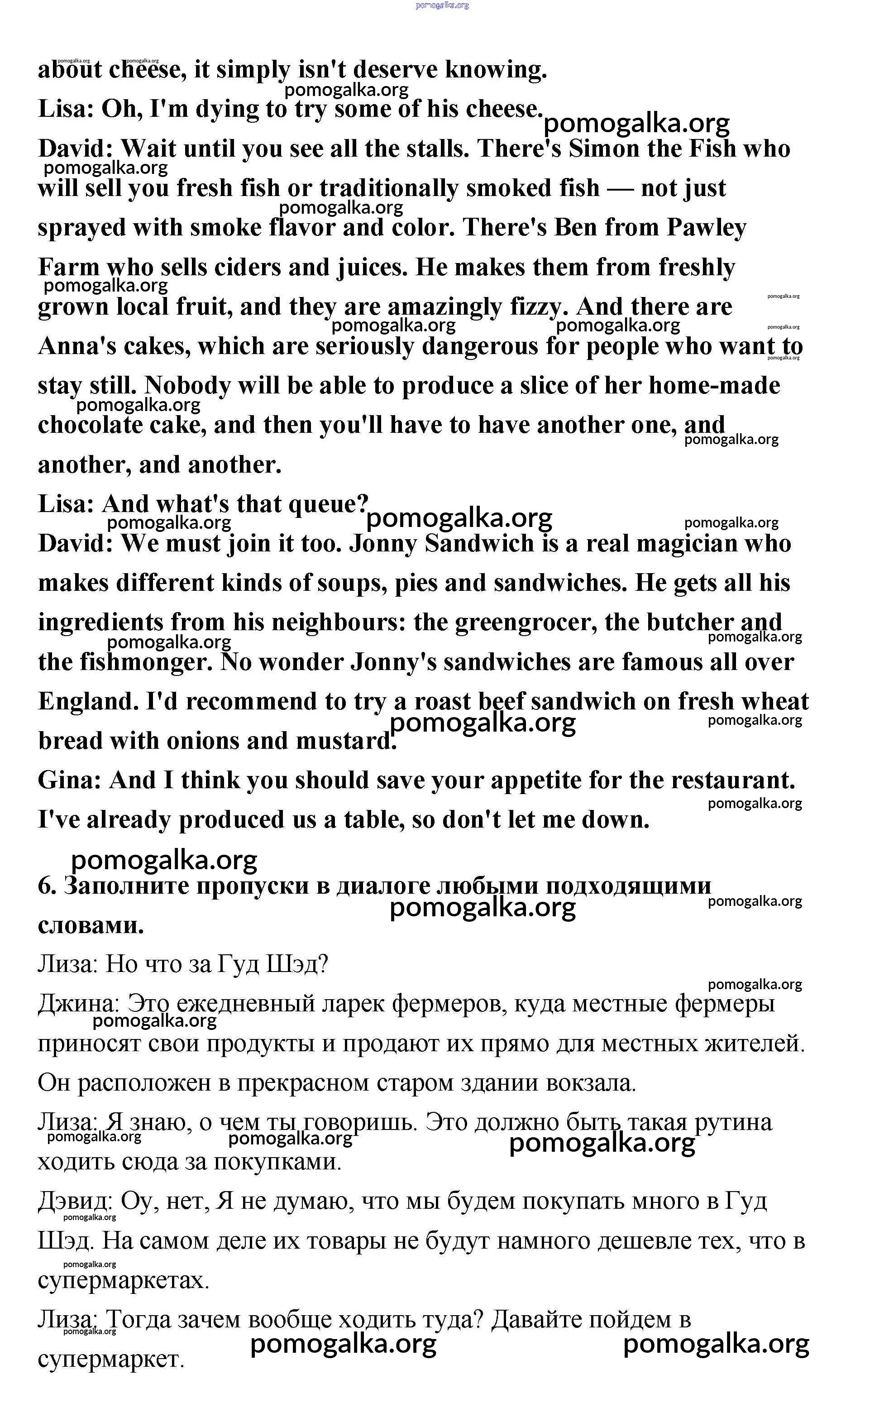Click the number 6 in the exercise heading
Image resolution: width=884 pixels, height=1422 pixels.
pyautogui.click(x=45, y=886)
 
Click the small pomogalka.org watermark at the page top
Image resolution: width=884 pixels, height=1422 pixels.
pyautogui.click(x=442, y=5)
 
